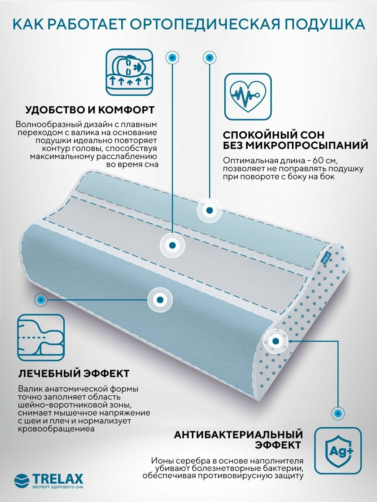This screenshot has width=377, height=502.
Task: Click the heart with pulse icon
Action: (x=248, y=96)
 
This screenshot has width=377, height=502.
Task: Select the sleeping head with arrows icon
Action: (x=129, y=73)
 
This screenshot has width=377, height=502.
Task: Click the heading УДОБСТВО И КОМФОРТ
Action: (x=90, y=110)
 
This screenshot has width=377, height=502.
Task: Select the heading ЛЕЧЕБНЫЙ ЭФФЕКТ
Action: (x=74, y=373)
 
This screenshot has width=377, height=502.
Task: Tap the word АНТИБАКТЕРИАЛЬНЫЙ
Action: (x=238, y=434)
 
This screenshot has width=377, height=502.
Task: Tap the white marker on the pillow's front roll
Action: (x=160, y=300)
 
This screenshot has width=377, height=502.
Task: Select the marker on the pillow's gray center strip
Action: (x=172, y=244)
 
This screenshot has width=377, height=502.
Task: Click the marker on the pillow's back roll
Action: (x=209, y=210)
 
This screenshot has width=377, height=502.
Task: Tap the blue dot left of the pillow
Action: (x=41, y=299)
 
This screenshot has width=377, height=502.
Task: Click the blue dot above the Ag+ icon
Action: (x=337, y=412)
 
